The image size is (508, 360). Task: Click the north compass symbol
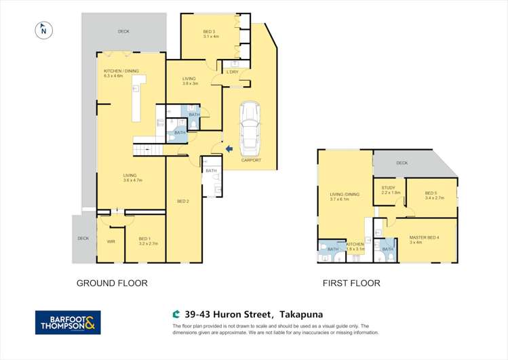(x=43, y=29)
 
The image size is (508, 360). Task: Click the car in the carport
(x=250, y=126)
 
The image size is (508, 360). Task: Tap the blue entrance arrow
(x=229, y=148)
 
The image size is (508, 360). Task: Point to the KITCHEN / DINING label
(x=122, y=73)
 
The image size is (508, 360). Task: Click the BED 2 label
(x=182, y=201)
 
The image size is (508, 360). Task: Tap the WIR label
(x=111, y=241)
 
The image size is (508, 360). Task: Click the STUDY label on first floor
(x=389, y=191)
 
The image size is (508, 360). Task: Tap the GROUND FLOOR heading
(x=111, y=283)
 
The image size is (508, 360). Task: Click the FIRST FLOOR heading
(x=351, y=283)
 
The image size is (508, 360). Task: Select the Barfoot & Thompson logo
(x=68, y=322)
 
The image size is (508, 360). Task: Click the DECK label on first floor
(x=402, y=163)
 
